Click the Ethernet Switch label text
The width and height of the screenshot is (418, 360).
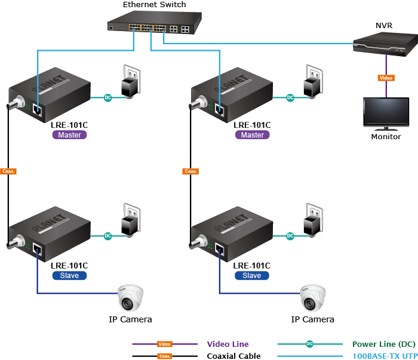[x=154, y=5]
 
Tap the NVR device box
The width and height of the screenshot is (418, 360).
[x=386, y=44]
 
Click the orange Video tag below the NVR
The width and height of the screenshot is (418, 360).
[x=386, y=78]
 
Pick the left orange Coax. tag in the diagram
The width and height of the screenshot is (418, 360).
[x=8, y=171]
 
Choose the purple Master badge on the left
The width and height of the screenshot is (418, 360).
[x=70, y=135]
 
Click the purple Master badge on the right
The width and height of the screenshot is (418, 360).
[x=253, y=135]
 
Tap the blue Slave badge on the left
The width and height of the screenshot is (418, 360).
[x=70, y=276]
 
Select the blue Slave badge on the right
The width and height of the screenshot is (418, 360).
[x=252, y=276]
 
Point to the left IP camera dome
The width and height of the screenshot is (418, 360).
[x=130, y=298]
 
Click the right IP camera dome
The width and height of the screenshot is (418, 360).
[x=313, y=298]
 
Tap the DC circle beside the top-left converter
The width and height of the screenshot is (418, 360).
[x=107, y=97]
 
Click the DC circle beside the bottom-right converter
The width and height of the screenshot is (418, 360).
[x=290, y=236]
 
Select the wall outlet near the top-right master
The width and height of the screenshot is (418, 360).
[x=314, y=81]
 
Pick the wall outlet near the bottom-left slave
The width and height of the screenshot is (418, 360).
[x=131, y=220]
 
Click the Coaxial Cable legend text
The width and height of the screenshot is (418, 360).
[x=233, y=356]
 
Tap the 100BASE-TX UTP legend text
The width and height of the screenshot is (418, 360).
[x=385, y=356]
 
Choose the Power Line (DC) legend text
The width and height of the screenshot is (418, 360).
[x=384, y=344]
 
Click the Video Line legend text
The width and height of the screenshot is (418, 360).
[x=228, y=344]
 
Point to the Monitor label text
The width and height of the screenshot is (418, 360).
[x=386, y=137]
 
